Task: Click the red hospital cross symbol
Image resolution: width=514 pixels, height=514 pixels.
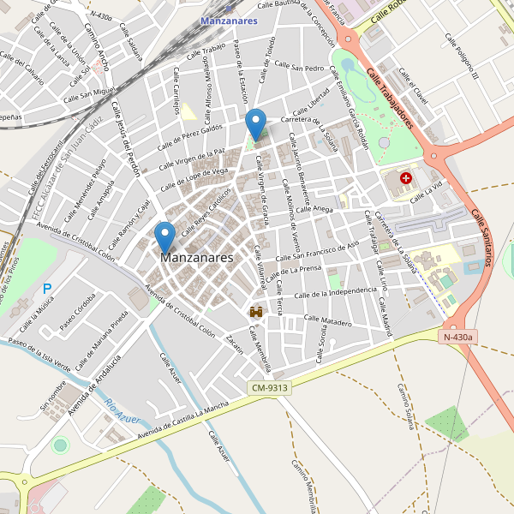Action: (x=406, y=179)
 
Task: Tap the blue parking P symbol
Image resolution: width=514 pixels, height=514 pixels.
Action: (x=47, y=290)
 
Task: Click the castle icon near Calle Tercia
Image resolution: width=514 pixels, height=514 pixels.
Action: (x=255, y=313)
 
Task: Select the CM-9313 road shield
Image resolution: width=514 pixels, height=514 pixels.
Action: (x=270, y=388)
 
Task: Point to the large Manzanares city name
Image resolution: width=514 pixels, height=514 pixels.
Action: (x=196, y=257)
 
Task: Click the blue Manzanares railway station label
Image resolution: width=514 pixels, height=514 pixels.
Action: (x=229, y=21)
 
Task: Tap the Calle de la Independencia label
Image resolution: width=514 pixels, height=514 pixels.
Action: (x=335, y=294)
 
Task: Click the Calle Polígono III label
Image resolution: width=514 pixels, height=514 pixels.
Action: (x=461, y=57)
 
